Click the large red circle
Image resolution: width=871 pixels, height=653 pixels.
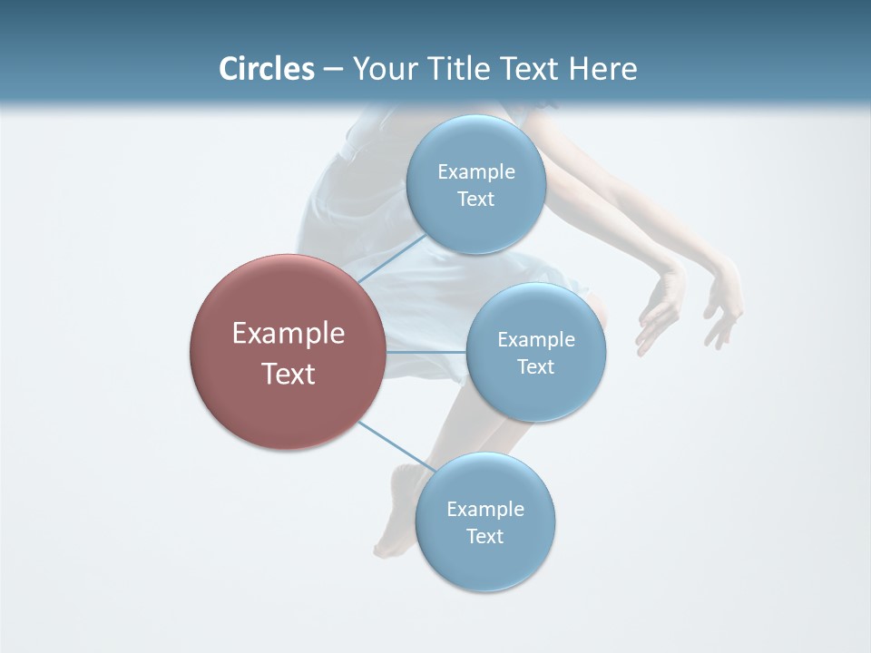coord(288,352)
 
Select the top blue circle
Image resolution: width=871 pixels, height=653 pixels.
coord(475,184)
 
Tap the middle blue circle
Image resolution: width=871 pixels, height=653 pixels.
coord(535,352)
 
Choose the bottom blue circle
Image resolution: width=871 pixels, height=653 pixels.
coord(484,521)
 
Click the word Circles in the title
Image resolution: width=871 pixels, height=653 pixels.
coord(266,69)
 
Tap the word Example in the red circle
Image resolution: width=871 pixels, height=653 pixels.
coord(288,334)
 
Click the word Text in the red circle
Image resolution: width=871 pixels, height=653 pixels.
coord(288,374)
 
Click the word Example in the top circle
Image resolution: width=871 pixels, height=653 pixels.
coord(475,171)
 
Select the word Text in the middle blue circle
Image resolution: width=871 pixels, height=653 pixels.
coord(535,366)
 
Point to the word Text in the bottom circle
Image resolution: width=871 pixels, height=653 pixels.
coord(484,536)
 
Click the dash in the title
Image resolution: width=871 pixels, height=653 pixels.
coord(332,69)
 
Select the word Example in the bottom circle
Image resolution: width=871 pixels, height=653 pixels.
coord(484,509)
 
